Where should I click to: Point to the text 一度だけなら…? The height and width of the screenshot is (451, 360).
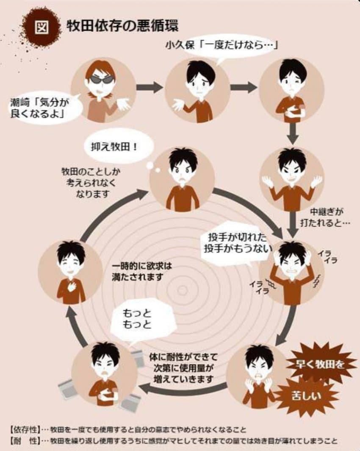point(237,45)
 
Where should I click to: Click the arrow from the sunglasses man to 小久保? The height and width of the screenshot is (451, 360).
point(150,87)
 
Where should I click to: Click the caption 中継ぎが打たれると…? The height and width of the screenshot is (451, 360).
point(325,218)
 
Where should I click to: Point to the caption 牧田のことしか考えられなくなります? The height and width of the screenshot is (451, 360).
point(92,183)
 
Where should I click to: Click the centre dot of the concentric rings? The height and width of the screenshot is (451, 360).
point(182,290)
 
